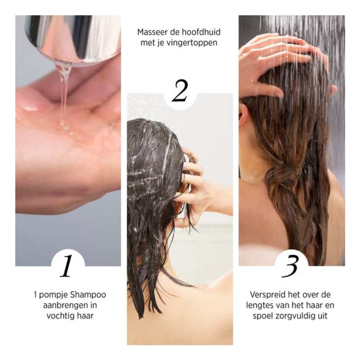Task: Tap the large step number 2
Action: pos(180,91)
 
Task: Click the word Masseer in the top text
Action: pos(152,33)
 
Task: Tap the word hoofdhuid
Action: pos(202,33)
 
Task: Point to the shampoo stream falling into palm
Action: pos(64,90)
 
